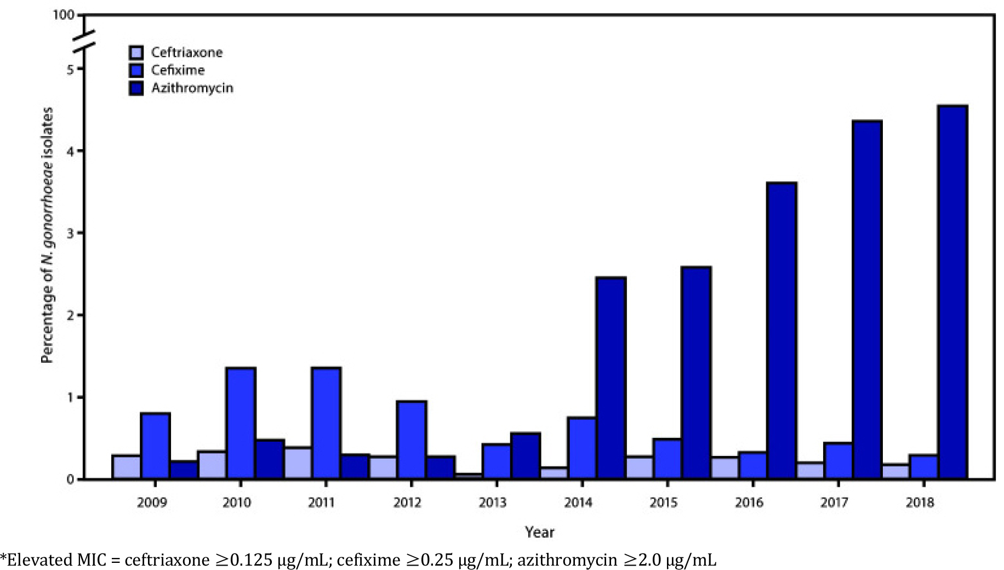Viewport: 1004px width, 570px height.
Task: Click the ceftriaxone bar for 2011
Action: point(298,463)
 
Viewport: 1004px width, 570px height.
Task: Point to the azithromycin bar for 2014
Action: point(611,378)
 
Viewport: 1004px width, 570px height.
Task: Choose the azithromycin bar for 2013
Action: point(525,456)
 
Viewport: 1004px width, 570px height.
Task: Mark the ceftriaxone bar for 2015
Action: point(639,468)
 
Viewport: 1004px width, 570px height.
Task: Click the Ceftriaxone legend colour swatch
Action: point(136,53)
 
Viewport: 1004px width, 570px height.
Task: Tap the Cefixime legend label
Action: point(178,70)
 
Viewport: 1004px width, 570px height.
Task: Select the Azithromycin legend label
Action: point(192,88)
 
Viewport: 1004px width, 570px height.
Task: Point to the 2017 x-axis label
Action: point(834,502)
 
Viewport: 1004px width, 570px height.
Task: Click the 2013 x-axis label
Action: point(492,502)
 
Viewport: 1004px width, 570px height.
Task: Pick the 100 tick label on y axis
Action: point(63,15)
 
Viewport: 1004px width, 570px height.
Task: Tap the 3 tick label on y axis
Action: point(70,233)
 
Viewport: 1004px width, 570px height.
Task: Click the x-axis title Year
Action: point(539,532)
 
